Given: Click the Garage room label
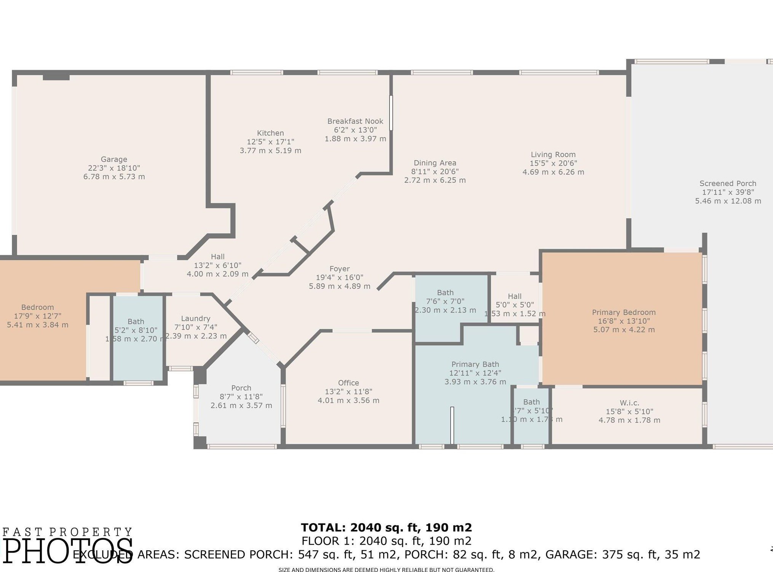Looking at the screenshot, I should [x=114, y=159].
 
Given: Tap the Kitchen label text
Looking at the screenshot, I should [x=270, y=133].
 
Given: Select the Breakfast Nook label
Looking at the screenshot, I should [x=355, y=121].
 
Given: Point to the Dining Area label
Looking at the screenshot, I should [x=435, y=163].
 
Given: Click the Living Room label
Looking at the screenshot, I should [x=553, y=155].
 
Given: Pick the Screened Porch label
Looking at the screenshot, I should [x=728, y=183].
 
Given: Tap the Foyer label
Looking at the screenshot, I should [x=339, y=269].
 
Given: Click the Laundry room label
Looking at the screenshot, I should [x=195, y=319].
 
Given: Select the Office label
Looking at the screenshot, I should [x=348, y=383].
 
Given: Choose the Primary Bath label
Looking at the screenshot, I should [x=475, y=364].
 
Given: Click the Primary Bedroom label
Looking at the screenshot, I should [x=624, y=312].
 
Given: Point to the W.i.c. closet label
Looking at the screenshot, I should [x=629, y=403].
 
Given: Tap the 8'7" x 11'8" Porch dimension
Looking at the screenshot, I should [x=241, y=397].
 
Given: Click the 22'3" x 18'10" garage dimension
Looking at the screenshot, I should [x=114, y=168].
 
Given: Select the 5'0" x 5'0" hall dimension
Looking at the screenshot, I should [x=514, y=305].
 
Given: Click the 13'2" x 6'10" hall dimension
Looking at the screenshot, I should [x=217, y=265].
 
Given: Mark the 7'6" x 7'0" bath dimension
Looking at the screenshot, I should [x=445, y=301].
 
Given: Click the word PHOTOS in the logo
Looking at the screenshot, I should [x=68, y=551].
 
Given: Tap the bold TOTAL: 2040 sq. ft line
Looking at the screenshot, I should [x=386, y=527].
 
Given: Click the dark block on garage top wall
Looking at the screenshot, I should [x=56, y=77].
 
